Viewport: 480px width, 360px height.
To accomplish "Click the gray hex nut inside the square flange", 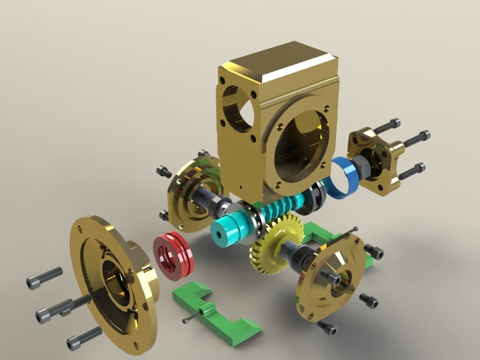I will point(361,171).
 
